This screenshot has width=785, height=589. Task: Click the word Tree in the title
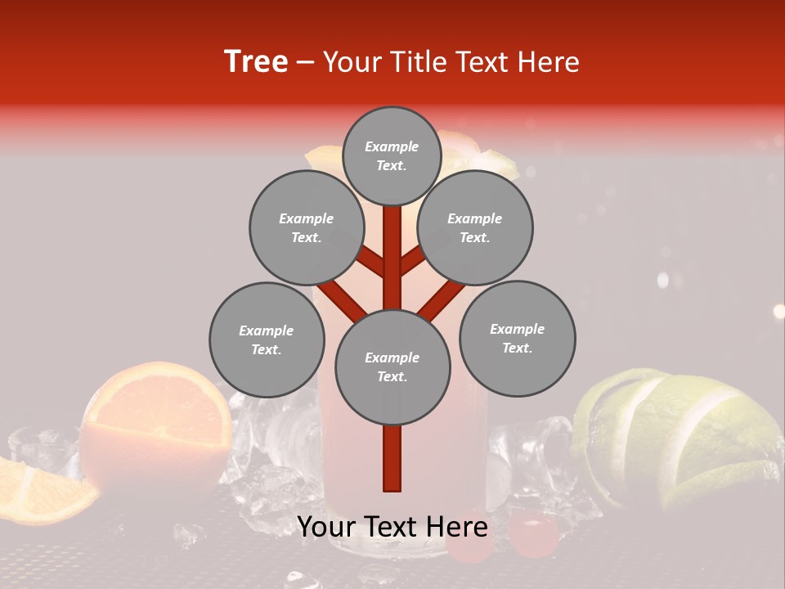(256, 62)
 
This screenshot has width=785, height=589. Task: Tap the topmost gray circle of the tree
(392, 155)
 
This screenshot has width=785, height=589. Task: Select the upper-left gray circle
(306, 227)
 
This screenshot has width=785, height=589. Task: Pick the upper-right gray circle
(475, 227)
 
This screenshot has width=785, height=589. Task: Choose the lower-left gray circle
(266, 339)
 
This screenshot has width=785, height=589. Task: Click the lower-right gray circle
(517, 338)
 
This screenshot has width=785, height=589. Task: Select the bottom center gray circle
(392, 366)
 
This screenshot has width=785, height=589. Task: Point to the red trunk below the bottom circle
(392, 458)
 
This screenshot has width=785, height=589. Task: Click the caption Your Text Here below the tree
(392, 528)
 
